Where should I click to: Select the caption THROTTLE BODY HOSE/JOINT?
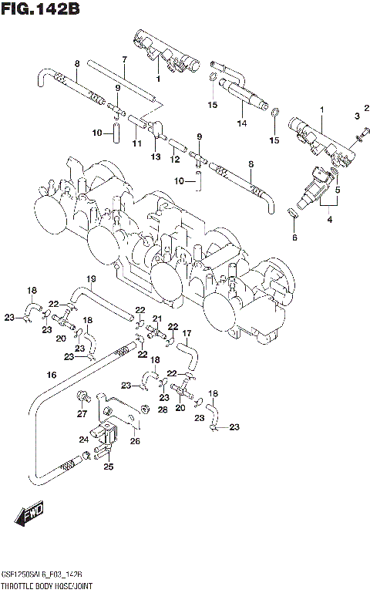pos(45,586)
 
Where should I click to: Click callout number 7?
pos(123,60)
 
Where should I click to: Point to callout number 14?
pos(241,123)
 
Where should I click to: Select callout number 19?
pos(90,278)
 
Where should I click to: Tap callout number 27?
pos(81,414)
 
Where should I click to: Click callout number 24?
pos(85,440)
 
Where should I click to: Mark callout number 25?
pos(109,467)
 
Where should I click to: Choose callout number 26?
pos(136,442)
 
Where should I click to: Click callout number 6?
pos(294,238)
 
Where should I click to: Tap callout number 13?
pos(155,157)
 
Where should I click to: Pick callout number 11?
pos(136,143)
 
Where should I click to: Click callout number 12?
pos(175,159)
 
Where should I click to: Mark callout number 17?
pos(187,333)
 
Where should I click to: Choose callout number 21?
pos(156,318)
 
